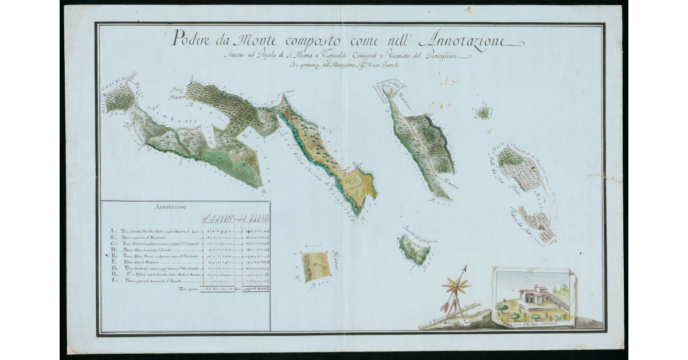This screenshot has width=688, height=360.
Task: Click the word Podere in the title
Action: pos(192,41)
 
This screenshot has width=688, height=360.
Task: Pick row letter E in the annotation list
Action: pos(112,256)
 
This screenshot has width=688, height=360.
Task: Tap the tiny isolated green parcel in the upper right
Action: pos(484,112)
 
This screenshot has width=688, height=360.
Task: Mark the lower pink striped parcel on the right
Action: pos(539,225)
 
